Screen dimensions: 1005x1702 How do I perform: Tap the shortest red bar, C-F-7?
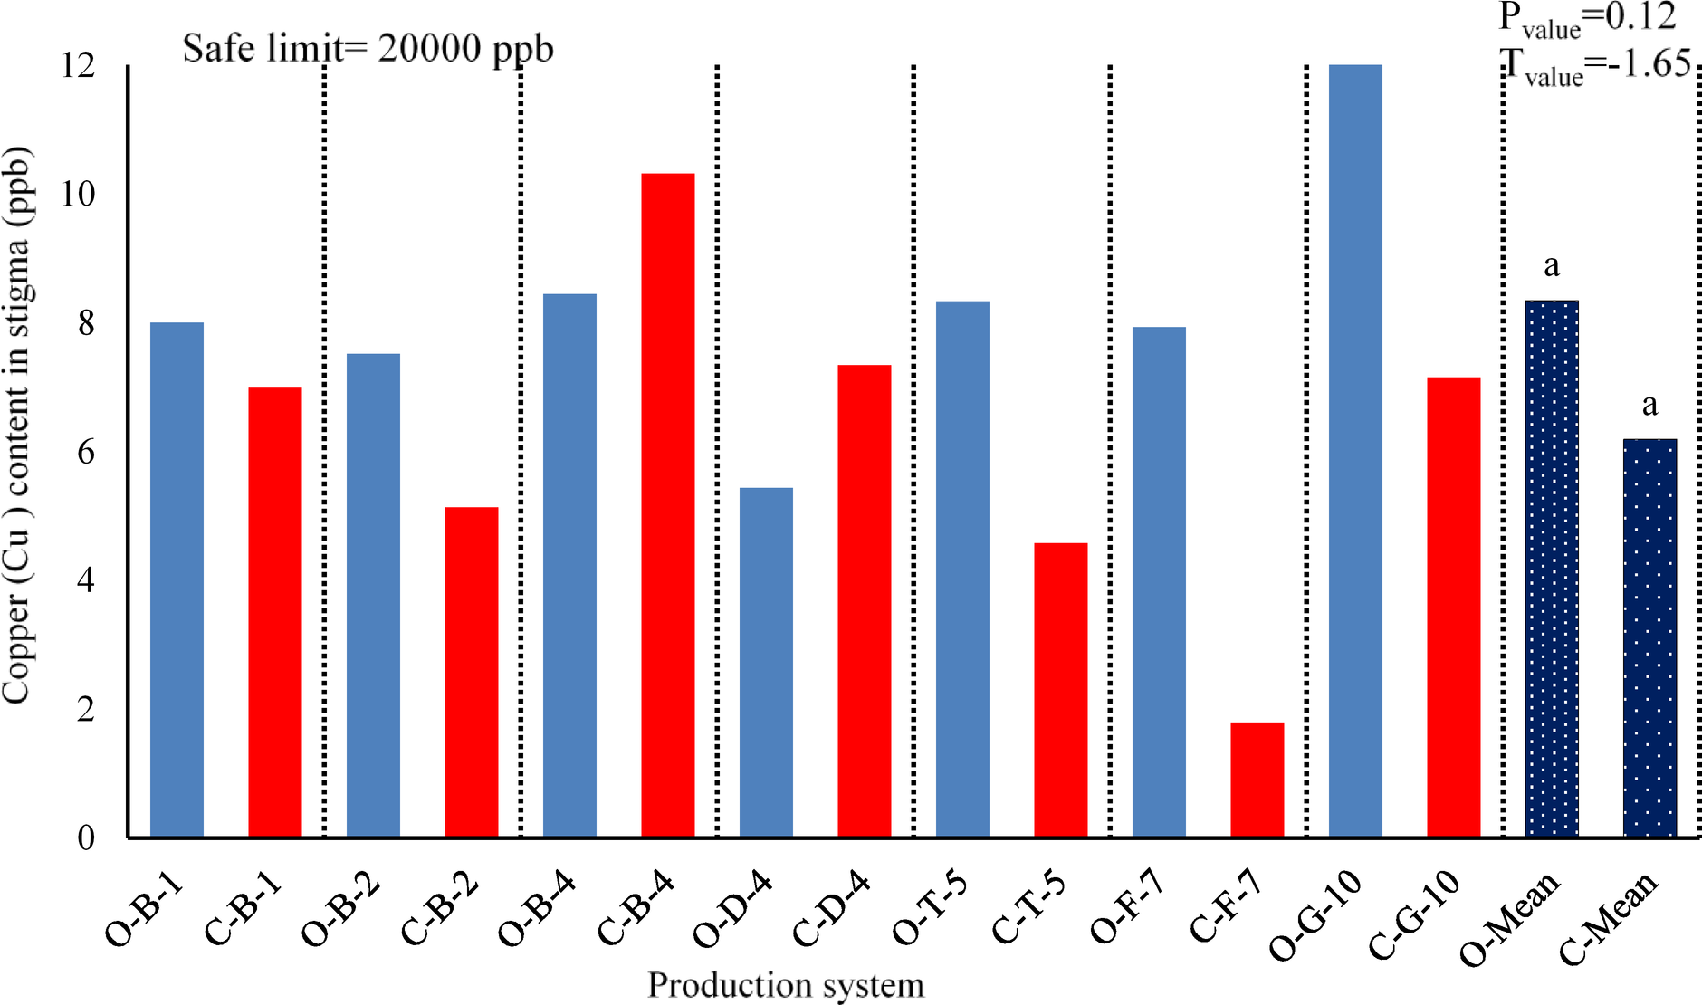tap(1257, 780)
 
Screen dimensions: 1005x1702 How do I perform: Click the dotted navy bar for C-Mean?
tap(1649, 638)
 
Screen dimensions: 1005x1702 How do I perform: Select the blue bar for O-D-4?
tap(766, 662)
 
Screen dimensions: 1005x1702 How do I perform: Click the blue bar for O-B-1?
tap(177, 579)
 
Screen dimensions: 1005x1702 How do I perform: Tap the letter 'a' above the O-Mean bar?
tap(1552, 265)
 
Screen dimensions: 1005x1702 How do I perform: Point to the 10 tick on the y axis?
tap(79, 194)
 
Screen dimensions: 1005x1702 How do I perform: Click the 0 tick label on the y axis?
tap(86, 837)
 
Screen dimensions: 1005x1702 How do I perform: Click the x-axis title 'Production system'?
tap(786, 985)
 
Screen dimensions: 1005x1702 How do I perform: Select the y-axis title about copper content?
tap(18, 426)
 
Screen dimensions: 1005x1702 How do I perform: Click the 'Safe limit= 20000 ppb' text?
tap(368, 48)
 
